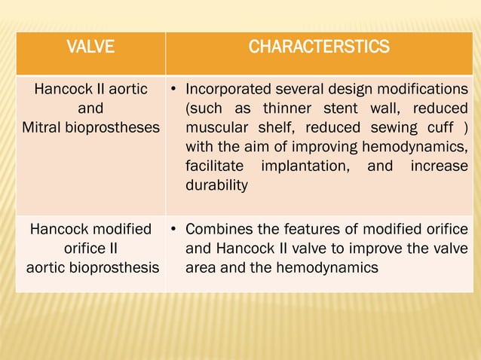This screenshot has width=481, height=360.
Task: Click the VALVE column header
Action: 90,48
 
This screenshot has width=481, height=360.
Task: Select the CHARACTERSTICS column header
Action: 319,48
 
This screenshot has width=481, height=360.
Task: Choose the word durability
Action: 216,185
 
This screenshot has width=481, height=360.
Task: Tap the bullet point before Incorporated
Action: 173,91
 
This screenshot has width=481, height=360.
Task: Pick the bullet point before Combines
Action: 173,229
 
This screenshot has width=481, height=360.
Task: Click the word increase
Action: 439,166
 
